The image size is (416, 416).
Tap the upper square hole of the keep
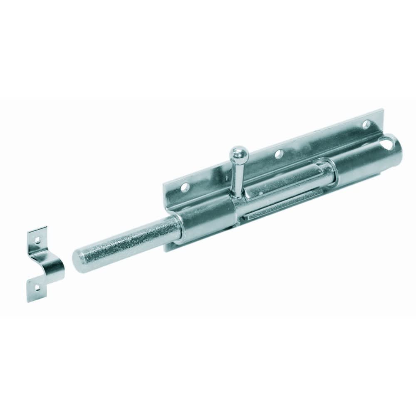pos(37,239)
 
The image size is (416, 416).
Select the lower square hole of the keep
pos(37,286)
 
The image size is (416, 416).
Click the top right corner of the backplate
pos(381,110)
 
